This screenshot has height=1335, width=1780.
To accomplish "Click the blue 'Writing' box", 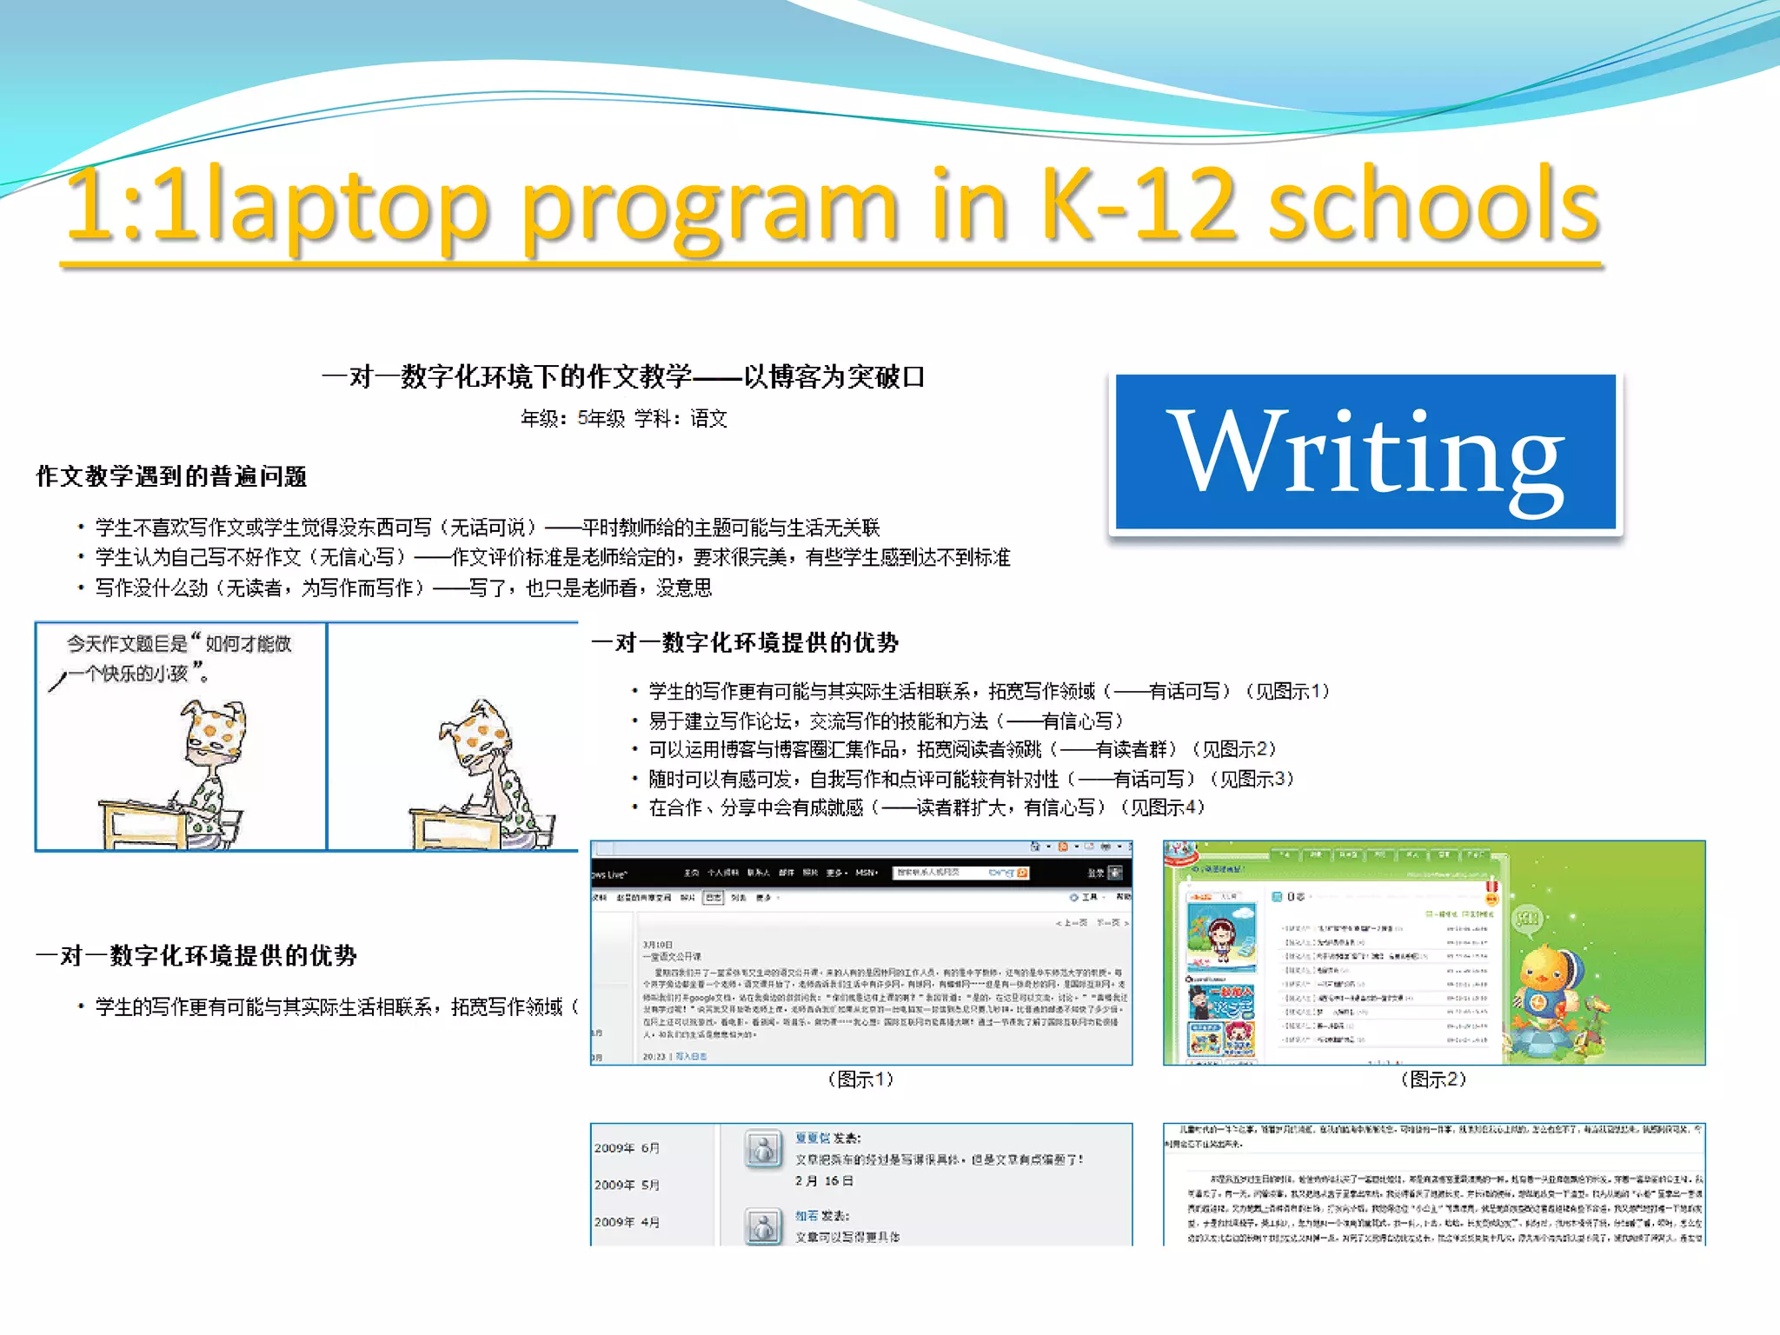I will pos(1365,452).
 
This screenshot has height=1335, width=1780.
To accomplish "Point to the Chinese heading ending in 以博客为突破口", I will pos(622,377).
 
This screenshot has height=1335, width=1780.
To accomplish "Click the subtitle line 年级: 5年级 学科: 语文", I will pos(623,419).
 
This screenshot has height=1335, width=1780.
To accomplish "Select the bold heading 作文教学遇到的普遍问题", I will pos(171,476).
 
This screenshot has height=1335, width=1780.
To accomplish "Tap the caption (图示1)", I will pos(860,1079).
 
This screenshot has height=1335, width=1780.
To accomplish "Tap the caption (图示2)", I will pos(1433,1079).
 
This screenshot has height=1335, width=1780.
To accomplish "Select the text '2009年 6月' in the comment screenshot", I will pos(627,1148).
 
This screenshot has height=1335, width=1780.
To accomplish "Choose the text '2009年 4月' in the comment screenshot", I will pos(627,1222).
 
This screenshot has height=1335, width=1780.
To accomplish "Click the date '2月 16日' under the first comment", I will pos(824,1181).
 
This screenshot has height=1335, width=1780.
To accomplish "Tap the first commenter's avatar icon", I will pos(763,1150).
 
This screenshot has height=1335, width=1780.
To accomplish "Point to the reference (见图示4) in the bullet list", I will pos(1163,808).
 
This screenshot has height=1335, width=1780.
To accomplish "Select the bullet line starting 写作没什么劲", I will pos(403,588).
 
